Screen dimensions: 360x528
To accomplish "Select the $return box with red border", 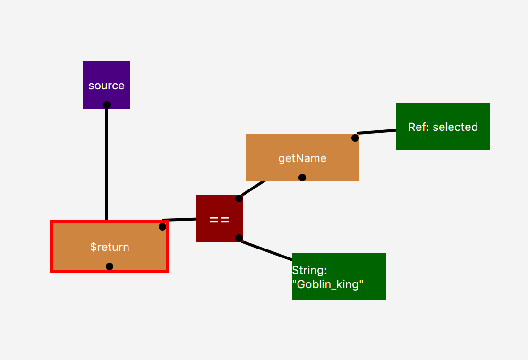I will (x=110, y=247).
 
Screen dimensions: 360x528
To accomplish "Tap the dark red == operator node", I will (x=219, y=218).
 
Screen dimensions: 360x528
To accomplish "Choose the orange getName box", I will (x=302, y=158).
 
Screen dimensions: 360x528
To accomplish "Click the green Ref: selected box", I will (x=443, y=127).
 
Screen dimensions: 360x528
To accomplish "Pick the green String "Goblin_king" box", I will (x=339, y=277).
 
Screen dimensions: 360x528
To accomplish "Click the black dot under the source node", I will (x=107, y=105).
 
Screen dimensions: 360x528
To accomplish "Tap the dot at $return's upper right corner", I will (x=162, y=227).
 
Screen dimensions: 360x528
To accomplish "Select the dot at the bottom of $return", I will (x=110, y=266).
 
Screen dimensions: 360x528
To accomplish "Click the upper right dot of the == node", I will (x=239, y=198).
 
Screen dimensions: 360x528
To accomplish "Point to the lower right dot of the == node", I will (x=239, y=238).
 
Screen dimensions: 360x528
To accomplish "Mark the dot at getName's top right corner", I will (x=355, y=138).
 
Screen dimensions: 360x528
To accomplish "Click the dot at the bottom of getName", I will (x=302, y=178).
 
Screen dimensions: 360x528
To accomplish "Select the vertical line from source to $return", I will (x=107, y=163).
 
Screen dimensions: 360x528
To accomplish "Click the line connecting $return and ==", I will (x=179, y=220).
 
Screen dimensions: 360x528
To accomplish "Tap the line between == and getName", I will (x=253, y=189).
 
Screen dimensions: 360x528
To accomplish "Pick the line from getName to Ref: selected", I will (x=376, y=132).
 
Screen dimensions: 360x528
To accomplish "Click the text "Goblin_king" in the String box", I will (x=328, y=284).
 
